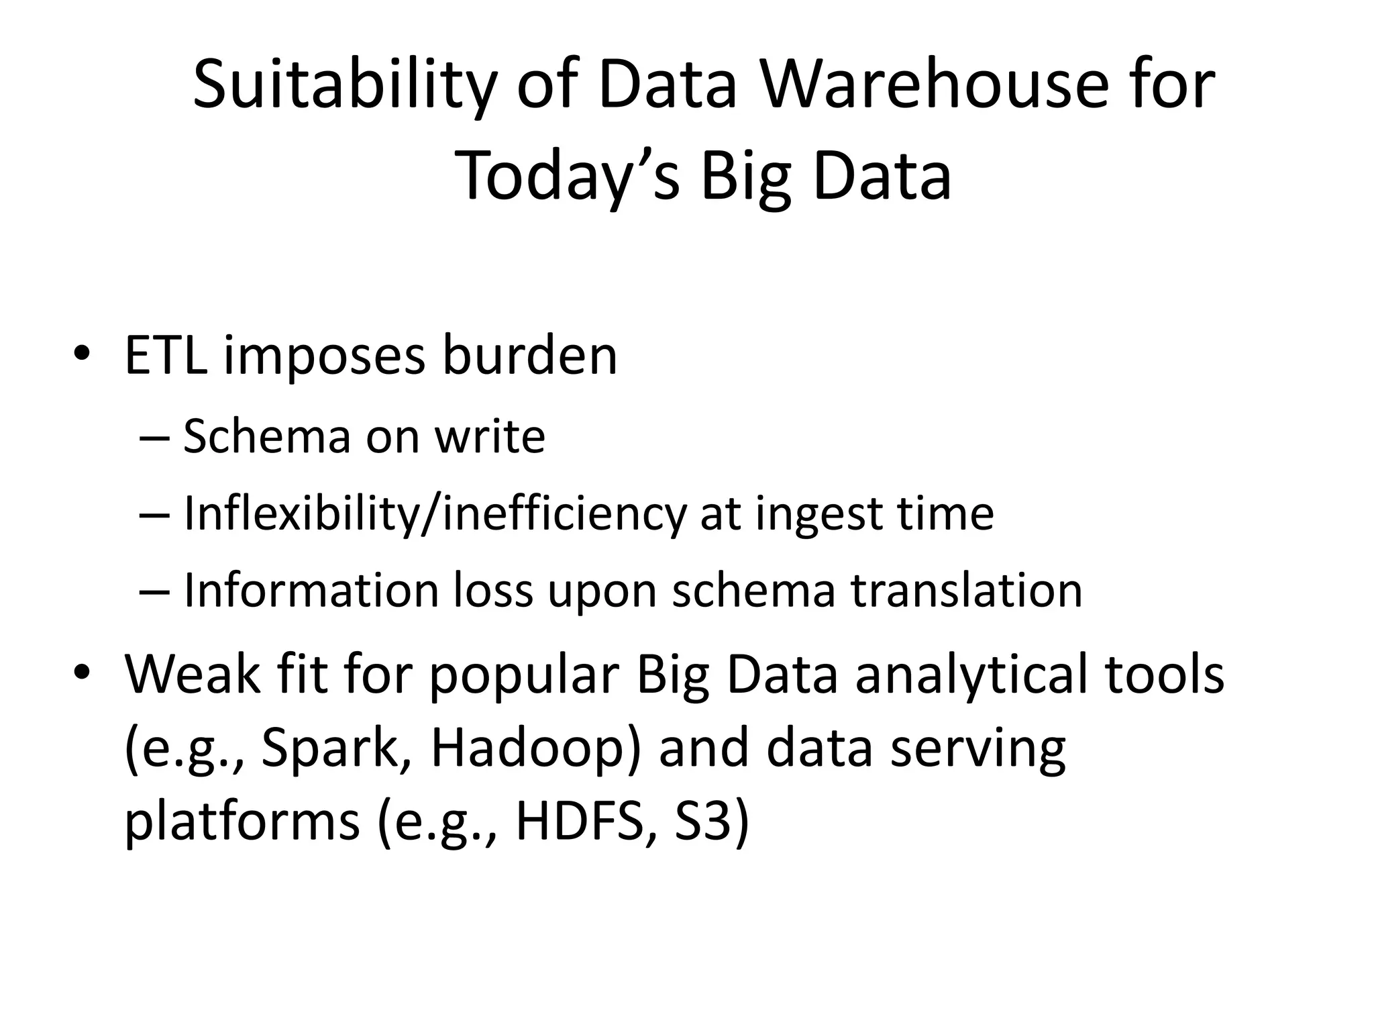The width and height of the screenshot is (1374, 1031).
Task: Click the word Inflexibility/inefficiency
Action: coord(435,514)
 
